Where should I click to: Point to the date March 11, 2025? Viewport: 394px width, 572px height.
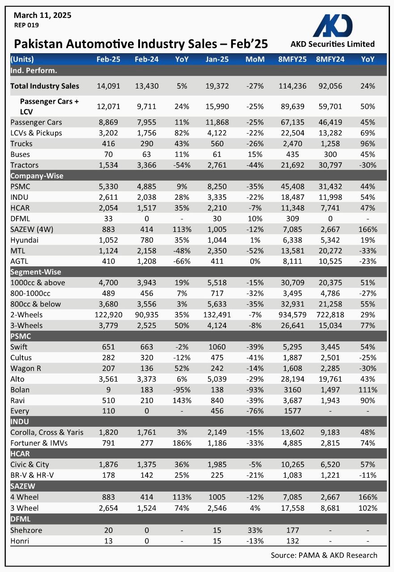(x=42, y=16)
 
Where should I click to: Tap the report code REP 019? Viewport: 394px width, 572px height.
(x=26, y=25)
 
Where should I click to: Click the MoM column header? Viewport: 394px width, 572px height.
(x=255, y=59)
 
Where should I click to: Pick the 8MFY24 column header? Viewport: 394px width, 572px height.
(x=330, y=59)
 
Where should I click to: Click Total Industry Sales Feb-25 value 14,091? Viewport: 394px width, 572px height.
(x=108, y=86)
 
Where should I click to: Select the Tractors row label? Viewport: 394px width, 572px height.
(x=24, y=165)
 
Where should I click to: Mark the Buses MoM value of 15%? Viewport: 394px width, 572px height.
(x=255, y=154)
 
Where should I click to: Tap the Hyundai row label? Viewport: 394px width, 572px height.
(x=25, y=240)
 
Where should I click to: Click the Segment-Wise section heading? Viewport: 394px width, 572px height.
(x=36, y=272)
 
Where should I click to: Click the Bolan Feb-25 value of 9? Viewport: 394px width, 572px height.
(x=108, y=390)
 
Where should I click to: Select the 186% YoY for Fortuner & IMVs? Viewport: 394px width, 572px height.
(x=182, y=443)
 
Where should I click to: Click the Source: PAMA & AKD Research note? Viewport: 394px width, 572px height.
(x=324, y=555)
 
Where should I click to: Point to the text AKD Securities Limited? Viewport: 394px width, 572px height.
(x=332, y=44)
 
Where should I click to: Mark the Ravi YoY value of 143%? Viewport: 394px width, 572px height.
(x=182, y=400)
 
